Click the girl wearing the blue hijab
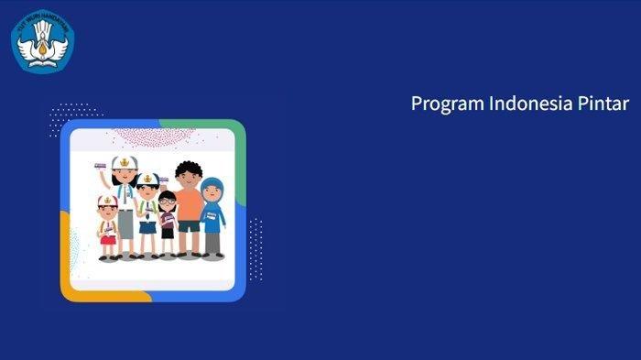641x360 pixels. pos(212,216)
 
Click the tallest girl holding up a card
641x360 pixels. pos(125,206)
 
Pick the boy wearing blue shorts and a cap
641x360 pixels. pos(147,215)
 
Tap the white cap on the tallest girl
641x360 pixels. pos(125,164)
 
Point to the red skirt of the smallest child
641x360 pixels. pos(108,240)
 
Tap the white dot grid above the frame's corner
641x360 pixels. pos(68,117)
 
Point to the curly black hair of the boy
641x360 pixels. pos(188,169)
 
